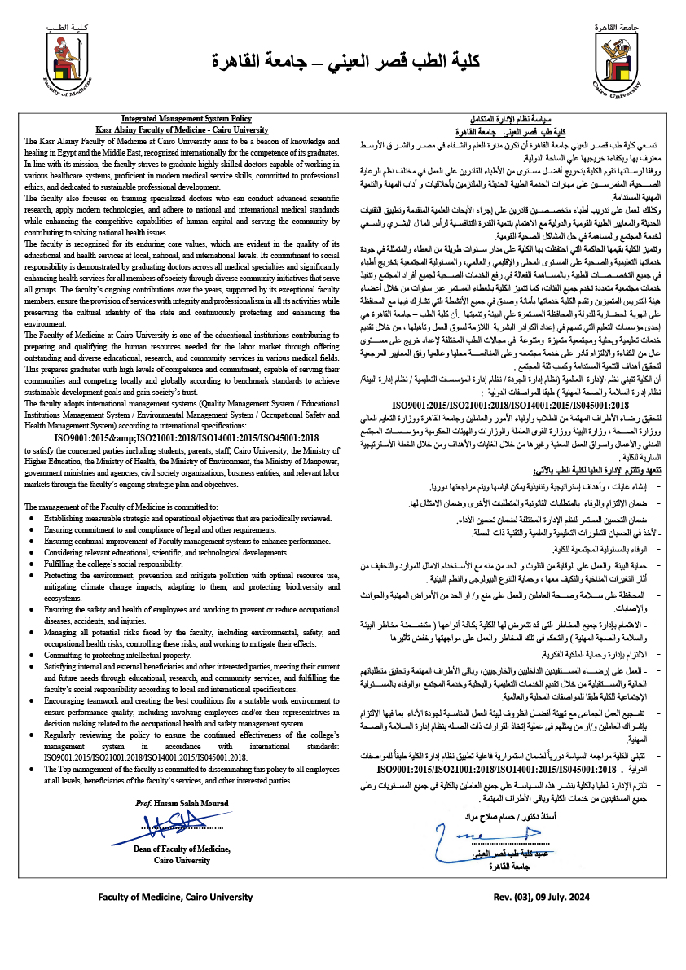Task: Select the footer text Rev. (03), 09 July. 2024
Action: (x=540, y=897)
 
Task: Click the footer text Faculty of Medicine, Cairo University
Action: (x=176, y=897)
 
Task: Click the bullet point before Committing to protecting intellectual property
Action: (x=31, y=655)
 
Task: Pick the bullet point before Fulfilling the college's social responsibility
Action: (x=31, y=564)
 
